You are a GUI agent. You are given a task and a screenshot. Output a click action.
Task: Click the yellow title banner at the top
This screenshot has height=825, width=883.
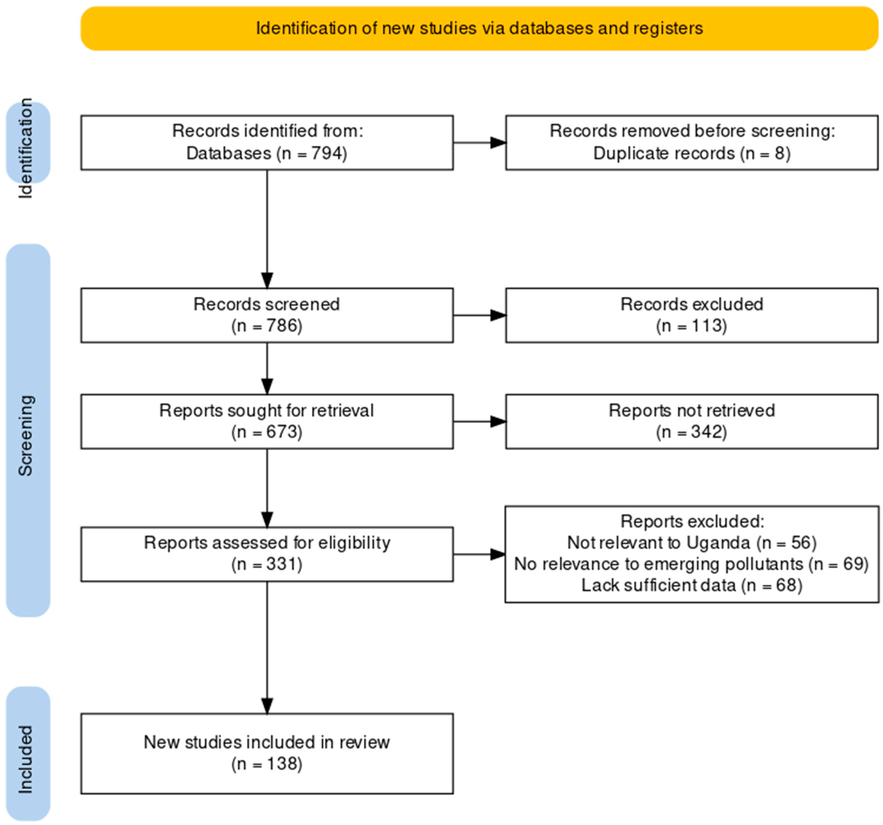click(x=479, y=28)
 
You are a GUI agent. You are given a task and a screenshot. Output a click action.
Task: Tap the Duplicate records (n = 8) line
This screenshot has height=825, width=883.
click(x=691, y=153)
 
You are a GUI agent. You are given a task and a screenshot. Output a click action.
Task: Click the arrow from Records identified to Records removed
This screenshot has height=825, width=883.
click(x=479, y=143)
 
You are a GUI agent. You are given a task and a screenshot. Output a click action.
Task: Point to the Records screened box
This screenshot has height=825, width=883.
click(x=267, y=315)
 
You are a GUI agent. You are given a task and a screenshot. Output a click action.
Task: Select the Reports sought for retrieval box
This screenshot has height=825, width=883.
click(x=267, y=421)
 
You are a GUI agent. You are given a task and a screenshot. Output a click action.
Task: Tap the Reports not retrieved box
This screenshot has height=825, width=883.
click(x=691, y=421)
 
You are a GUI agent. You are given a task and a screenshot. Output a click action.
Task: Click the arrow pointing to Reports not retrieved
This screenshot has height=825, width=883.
click(x=479, y=421)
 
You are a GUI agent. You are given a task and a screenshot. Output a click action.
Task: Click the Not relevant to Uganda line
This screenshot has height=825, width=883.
click(x=691, y=542)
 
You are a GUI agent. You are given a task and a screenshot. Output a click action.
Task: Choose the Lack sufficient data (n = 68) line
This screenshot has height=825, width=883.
click(x=691, y=585)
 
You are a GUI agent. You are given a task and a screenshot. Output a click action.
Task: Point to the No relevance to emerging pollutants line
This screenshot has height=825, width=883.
click(x=691, y=564)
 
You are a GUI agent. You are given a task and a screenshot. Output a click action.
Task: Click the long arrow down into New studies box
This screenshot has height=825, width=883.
click(x=267, y=648)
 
